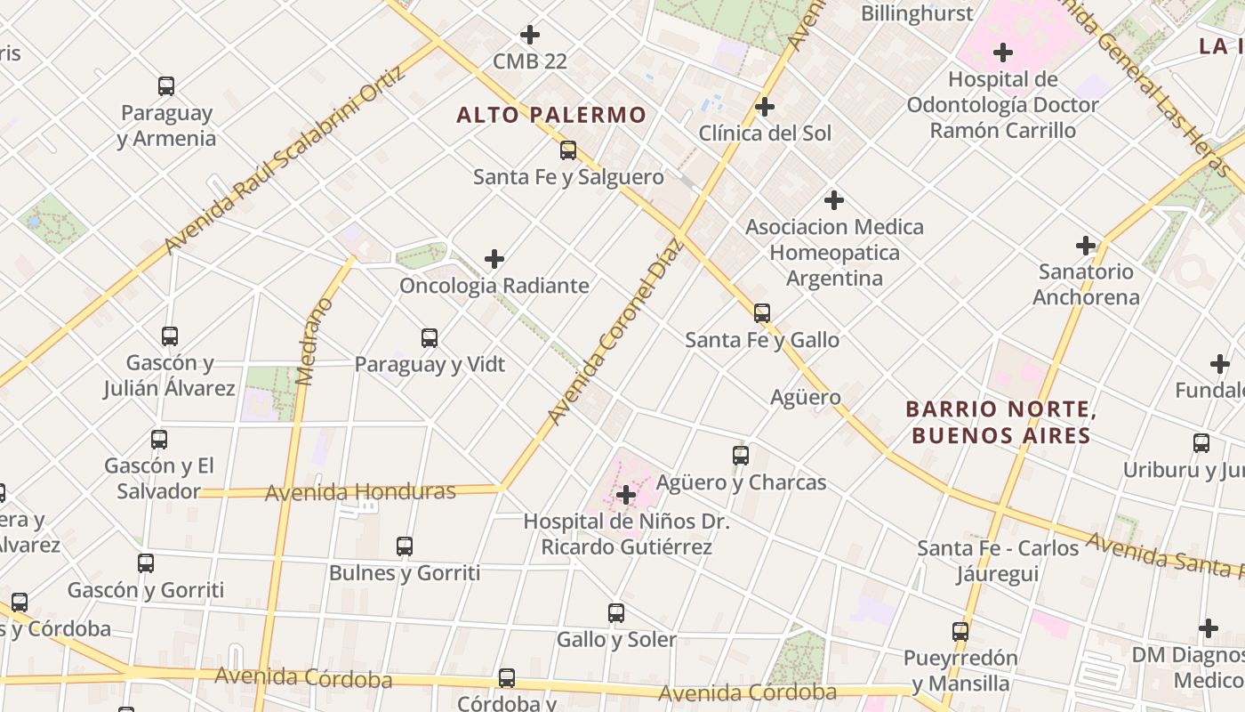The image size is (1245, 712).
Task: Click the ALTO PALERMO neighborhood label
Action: (x=551, y=115)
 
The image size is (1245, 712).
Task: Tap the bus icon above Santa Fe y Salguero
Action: (x=568, y=150)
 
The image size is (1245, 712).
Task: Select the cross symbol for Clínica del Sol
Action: (x=764, y=107)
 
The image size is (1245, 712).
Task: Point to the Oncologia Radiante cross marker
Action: (x=494, y=259)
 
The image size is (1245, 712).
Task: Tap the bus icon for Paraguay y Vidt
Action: (x=430, y=337)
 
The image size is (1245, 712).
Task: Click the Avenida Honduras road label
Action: (x=360, y=491)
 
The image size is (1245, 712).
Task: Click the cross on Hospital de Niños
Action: (x=626, y=495)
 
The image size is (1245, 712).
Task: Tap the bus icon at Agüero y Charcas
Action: (x=741, y=456)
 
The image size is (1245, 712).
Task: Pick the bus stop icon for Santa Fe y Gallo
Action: (x=762, y=312)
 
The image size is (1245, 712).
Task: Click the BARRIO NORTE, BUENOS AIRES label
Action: (x=998, y=422)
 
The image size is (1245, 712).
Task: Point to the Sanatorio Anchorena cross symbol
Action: (x=1086, y=245)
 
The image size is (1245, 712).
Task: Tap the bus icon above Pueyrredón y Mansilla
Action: (x=960, y=632)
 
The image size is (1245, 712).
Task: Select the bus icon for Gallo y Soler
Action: (x=616, y=612)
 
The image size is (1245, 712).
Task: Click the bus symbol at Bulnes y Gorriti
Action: (x=405, y=546)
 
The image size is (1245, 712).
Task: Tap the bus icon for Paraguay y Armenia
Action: (x=166, y=86)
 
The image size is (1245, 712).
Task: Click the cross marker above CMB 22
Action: (x=530, y=35)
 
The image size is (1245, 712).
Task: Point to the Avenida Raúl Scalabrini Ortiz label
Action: (x=285, y=159)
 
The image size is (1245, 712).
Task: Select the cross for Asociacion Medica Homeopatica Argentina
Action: (x=834, y=200)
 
